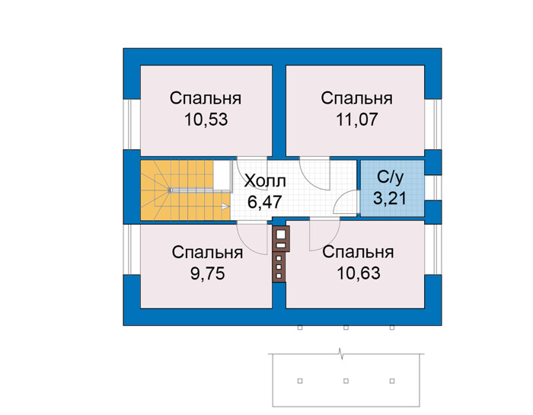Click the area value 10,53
[206, 120]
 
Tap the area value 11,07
[357, 120]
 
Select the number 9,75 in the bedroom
[207, 273]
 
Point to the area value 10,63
[359, 273]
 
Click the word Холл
[265, 181]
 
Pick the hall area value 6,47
[264, 203]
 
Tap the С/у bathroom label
[391, 177]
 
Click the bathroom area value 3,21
[390, 198]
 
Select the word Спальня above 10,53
[206, 98]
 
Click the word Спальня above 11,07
[357, 98]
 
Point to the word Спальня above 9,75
[207, 253]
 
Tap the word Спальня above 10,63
[359, 253]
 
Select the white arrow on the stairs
[225, 206]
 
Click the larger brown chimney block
[281, 238]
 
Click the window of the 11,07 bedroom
[433, 124]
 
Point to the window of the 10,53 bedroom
[132, 124]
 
